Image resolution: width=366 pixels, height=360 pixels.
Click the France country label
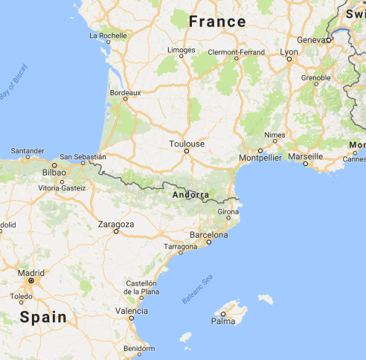[x=216, y=22]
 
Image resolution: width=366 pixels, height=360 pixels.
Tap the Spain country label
[x=42, y=318]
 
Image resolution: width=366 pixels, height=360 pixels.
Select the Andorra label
[x=190, y=196]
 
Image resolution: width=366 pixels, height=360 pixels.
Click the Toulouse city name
[x=186, y=144]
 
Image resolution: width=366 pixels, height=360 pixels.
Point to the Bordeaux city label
[x=125, y=93]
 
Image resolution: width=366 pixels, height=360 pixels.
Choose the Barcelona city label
[x=208, y=235]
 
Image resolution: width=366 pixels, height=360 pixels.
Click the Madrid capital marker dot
[x=31, y=281]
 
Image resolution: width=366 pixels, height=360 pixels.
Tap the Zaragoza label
[x=116, y=223]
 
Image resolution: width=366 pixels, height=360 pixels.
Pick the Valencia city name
[x=131, y=310]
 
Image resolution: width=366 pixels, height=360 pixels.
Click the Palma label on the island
[x=222, y=321]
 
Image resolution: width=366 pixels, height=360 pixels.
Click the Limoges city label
[x=182, y=50]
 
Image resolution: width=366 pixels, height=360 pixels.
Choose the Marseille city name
[x=305, y=156]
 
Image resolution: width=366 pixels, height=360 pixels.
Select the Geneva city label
[x=310, y=39]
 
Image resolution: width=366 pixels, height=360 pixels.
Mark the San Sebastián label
[x=83, y=157]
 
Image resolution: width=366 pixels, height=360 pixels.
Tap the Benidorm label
[x=140, y=348]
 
